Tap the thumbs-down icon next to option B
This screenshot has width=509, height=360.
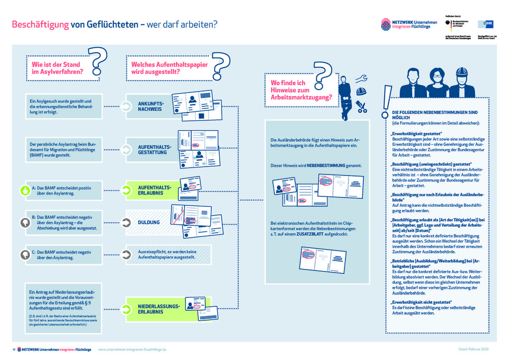tap(24, 222)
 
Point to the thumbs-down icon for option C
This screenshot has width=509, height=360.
tap(24, 254)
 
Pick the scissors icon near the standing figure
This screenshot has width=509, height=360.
tap(361, 106)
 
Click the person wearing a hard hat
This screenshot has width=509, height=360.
tap(462, 83)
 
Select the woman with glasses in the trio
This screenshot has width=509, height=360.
tap(437, 83)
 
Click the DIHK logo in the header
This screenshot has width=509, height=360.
tap(485, 24)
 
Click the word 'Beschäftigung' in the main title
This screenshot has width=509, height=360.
tap(40, 24)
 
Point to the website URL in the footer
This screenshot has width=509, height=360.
tap(132, 350)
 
